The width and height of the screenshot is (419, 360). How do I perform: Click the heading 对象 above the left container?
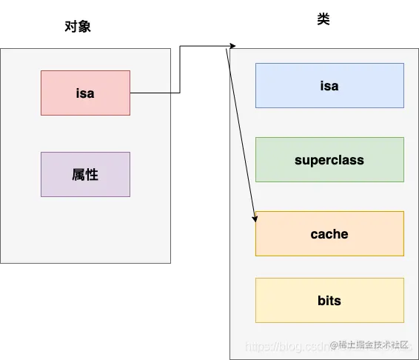[78, 27]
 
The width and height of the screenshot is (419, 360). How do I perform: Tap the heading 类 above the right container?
[324, 20]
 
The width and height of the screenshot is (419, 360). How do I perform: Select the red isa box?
[85, 93]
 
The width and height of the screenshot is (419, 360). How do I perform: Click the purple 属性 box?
[85, 174]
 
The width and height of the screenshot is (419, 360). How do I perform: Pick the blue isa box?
[329, 85]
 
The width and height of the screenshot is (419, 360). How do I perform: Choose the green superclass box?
[329, 159]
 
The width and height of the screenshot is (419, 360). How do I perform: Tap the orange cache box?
[329, 233]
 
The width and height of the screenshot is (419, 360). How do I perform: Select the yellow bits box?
[329, 300]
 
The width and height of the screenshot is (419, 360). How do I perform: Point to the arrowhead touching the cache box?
[255, 218]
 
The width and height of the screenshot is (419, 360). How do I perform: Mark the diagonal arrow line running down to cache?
[241, 133]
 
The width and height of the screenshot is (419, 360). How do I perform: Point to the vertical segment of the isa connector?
[180, 70]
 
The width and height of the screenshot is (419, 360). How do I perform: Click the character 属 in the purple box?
[78, 174]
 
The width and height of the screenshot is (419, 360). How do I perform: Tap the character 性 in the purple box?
[93, 174]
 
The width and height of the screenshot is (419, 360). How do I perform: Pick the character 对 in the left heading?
[71, 27]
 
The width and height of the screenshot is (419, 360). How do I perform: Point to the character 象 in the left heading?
[84, 27]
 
